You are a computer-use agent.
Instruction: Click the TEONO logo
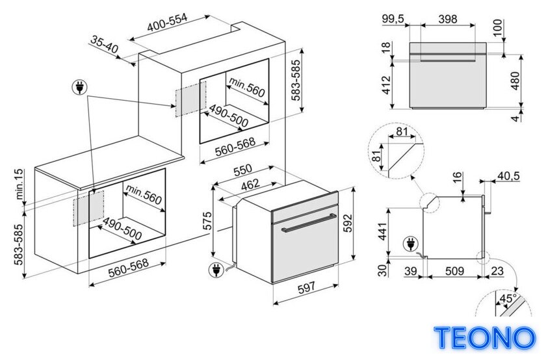(x=484, y=337)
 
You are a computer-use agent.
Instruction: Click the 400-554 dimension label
(x=167, y=22)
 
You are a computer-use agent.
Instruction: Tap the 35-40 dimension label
(x=105, y=44)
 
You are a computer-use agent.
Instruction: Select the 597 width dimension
(x=306, y=287)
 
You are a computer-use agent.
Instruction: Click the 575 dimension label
(x=207, y=220)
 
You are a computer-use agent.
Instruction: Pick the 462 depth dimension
(x=251, y=185)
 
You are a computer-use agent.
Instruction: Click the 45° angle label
(x=508, y=298)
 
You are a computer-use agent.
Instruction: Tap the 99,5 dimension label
(x=393, y=18)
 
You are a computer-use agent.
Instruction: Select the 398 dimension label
(x=447, y=18)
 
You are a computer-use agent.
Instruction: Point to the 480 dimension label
(x=515, y=81)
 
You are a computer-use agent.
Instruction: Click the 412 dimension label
(x=387, y=85)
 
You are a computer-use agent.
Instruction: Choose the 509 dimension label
(x=454, y=270)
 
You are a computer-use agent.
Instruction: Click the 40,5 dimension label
(x=508, y=176)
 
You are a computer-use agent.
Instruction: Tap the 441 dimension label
(x=383, y=231)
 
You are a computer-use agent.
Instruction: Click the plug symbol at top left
(x=79, y=87)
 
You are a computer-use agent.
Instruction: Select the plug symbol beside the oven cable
(x=216, y=270)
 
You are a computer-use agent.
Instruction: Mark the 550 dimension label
(x=242, y=170)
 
